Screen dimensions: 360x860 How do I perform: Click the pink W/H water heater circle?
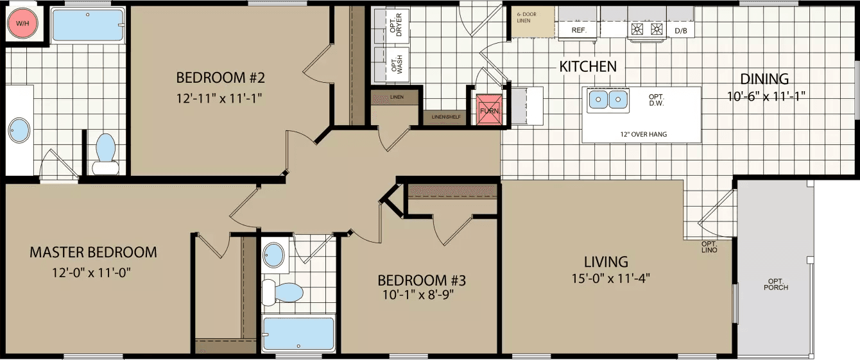pyautogui.click(x=22, y=24)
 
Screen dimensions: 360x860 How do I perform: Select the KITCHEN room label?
pyautogui.click(x=588, y=67)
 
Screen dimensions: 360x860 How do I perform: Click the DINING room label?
pyautogui.click(x=764, y=80)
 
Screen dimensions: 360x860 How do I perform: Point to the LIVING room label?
pyautogui.click(x=605, y=262)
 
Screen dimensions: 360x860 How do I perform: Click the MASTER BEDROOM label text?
pyautogui.click(x=93, y=252)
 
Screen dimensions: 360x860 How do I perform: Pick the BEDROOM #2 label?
pyautogui.click(x=221, y=78)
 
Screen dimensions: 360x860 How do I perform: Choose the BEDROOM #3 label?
pyautogui.click(x=421, y=280)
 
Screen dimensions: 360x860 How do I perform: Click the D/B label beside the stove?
pyautogui.click(x=680, y=30)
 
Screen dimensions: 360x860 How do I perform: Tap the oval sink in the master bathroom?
pyautogui.click(x=19, y=130)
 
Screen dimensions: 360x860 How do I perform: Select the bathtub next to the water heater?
pyautogui.click(x=85, y=25)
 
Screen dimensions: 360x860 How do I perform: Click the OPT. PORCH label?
pyautogui.click(x=775, y=284)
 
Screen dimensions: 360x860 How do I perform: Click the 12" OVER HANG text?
pyautogui.click(x=644, y=134)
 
